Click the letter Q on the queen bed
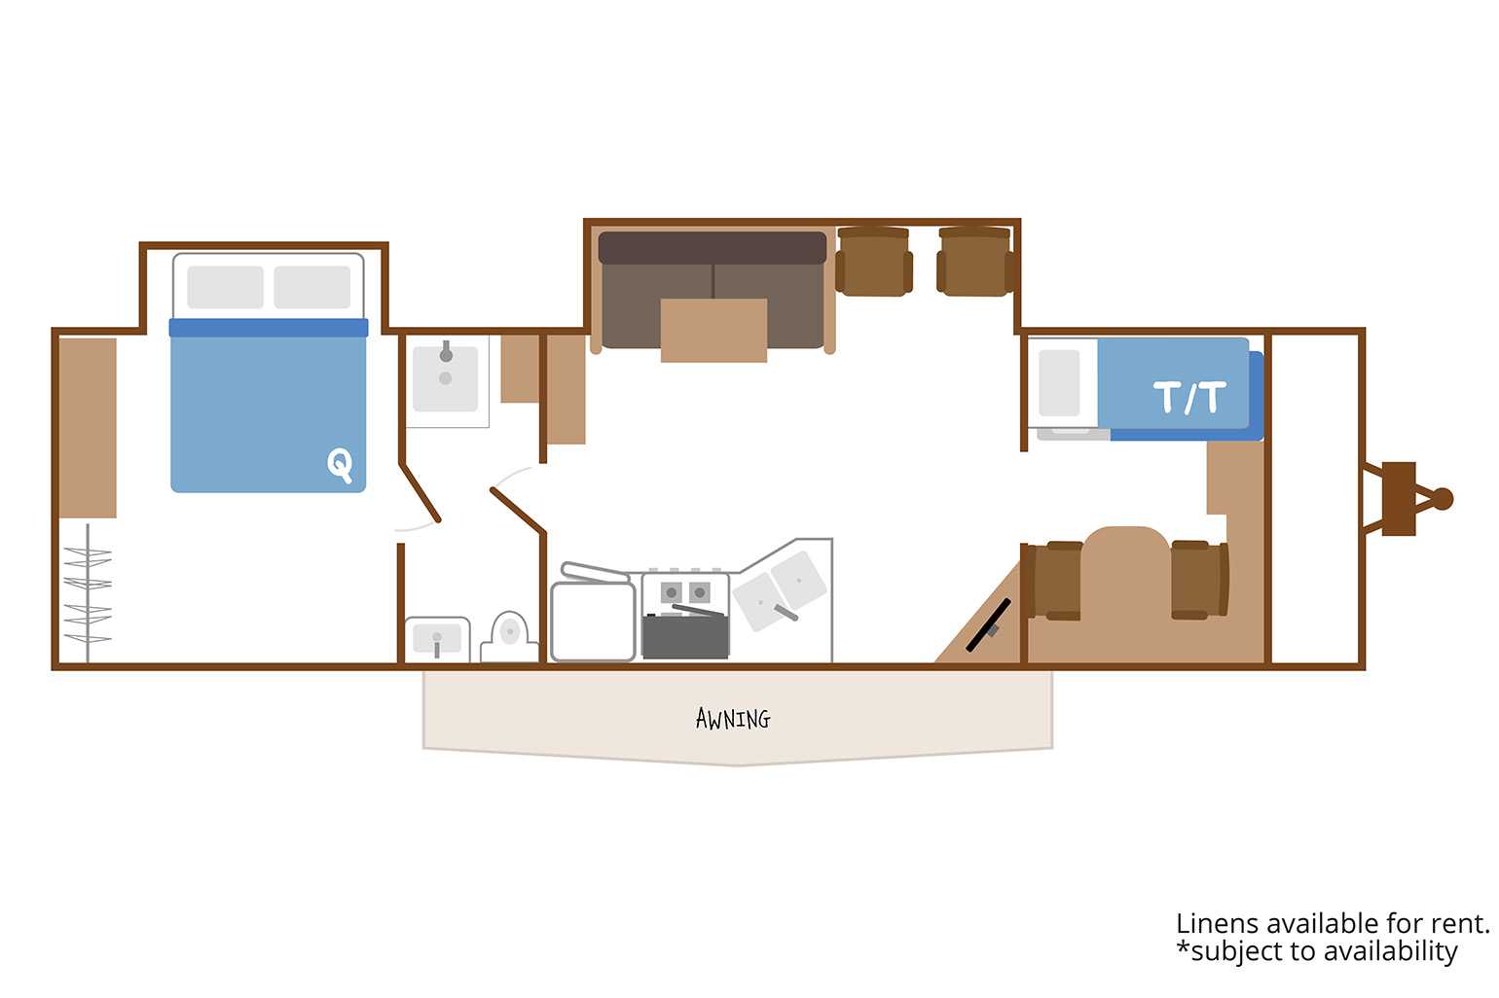click(x=340, y=464)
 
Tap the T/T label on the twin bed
click(x=1189, y=397)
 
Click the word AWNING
click(x=733, y=719)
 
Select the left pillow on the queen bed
click(x=226, y=287)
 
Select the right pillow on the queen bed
click(x=311, y=287)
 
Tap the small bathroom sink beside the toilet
click(x=437, y=639)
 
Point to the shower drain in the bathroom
click(x=445, y=378)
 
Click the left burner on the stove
click(x=672, y=592)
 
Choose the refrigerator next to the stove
click(x=593, y=621)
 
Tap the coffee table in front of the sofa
click(x=714, y=331)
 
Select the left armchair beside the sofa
click(x=874, y=262)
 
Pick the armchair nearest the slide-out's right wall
click(x=975, y=262)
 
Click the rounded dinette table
click(x=1126, y=588)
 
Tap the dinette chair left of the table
click(x=1055, y=581)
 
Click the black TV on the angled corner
click(x=988, y=624)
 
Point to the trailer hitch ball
click(x=1443, y=499)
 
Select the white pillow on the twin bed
click(x=1059, y=383)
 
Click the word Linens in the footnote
click(x=1218, y=924)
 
